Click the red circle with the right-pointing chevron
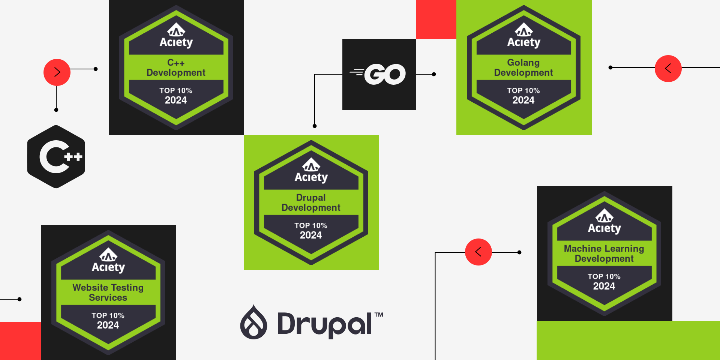(x=57, y=72)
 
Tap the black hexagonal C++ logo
(x=56, y=157)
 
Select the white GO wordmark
(x=385, y=74)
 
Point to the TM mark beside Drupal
(x=379, y=315)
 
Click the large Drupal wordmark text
(x=324, y=324)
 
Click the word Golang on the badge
(x=523, y=63)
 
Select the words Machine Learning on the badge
(x=604, y=249)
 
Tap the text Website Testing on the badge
(x=108, y=288)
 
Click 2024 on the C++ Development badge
(x=176, y=100)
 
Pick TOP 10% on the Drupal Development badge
(x=311, y=225)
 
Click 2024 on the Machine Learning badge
(x=604, y=286)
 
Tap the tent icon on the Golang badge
(x=524, y=29)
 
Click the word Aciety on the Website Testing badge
(x=108, y=267)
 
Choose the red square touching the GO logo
(x=436, y=19)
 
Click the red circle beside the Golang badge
(x=668, y=68)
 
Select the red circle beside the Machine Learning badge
(x=478, y=252)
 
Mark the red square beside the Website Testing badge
(x=20, y=340)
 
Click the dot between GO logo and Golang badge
(x=434, y=74)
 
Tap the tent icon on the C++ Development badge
(x=176, y=29)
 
